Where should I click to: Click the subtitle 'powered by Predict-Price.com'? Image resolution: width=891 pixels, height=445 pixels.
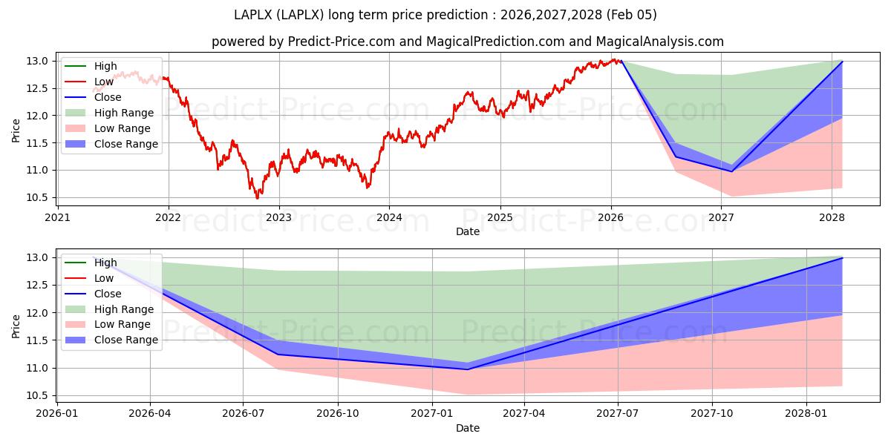click(303, 42)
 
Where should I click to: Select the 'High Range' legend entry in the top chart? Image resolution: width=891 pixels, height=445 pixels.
click(124, 113)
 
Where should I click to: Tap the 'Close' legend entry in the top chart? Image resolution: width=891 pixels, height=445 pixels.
click(108, 97)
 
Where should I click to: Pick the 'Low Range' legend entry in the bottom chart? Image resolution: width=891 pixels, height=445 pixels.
click(122, 324)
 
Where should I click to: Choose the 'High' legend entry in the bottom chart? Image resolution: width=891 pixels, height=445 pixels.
click(105, 263)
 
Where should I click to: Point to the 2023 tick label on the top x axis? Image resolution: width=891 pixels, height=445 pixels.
click(278, 217)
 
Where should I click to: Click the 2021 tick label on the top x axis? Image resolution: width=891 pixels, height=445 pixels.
click(58, 217)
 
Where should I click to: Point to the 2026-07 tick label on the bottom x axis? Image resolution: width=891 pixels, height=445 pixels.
click(243, 414)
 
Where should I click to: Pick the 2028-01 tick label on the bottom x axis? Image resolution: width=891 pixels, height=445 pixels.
click(806, 414)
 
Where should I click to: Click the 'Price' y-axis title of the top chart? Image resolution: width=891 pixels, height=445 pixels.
click(16, 130)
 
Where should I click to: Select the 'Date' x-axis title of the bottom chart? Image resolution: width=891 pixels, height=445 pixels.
click(468, 428)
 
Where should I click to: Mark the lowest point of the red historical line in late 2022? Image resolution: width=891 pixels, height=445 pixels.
click(258, 198)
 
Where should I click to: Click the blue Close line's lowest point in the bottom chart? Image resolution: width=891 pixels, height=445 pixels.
click(468, 369)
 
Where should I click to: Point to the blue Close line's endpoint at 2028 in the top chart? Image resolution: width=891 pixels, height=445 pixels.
click(842, 62)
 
